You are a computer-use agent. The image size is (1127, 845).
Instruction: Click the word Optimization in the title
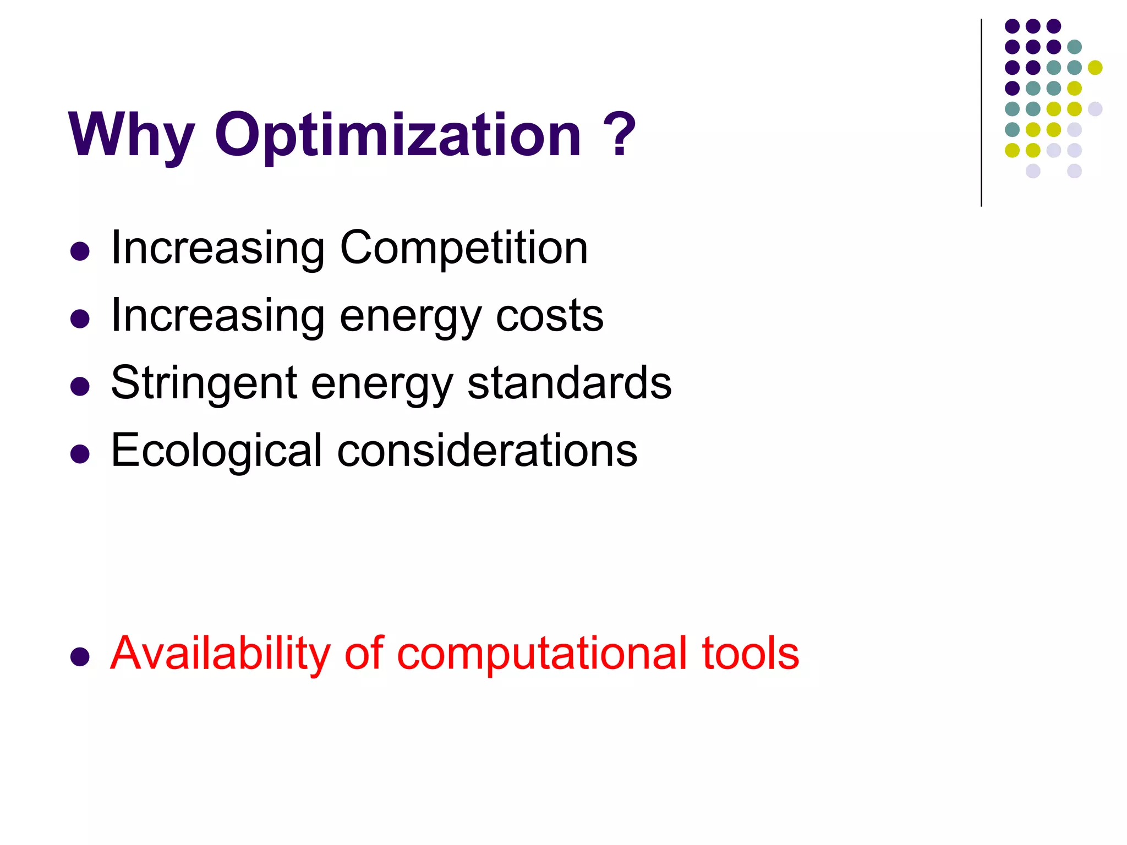(397, 135)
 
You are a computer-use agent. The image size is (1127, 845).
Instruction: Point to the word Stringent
(204, 383)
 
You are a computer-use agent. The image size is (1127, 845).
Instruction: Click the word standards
(569, 383)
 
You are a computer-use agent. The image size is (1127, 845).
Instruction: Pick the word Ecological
(216, 451)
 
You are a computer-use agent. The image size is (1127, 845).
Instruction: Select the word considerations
(487, 451)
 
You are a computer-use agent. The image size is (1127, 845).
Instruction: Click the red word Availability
(220, 654)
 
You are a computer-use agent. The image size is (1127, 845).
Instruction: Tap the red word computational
(542, 654)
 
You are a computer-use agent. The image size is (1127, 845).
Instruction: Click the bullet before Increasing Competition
(80, 251)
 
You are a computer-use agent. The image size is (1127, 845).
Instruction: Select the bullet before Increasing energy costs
(80, 319)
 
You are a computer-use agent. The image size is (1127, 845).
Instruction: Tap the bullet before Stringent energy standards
(80, 386)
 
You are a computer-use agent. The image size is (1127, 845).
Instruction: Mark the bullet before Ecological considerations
(80, 454)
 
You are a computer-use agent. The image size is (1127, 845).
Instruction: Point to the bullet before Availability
(80, 656)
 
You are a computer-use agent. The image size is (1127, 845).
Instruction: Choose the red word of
(363, 654)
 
